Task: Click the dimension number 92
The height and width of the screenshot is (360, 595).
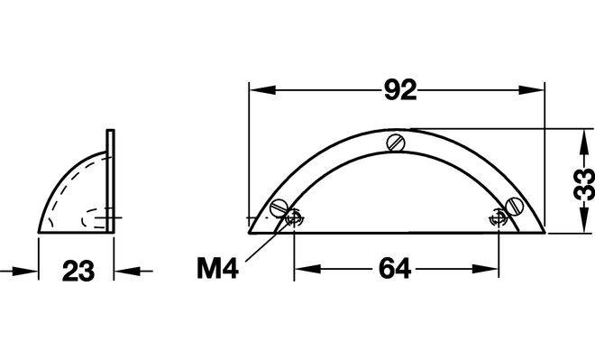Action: pyautogui.click(x=400, y=90)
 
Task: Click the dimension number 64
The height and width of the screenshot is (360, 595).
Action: pyautogui.click(x=395, y=269)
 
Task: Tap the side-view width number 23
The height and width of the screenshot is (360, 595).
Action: pyautogui.click(x=78, y=272)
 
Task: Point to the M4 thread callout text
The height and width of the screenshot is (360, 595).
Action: pyautogui.click(x=218, y=268)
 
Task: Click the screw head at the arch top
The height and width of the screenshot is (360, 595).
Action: pyautogui.click(x=396, y=143)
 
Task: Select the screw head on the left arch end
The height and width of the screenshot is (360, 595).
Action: pyautogui.click(x=279, y=208)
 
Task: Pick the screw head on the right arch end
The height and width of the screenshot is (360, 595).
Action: pyautogui.click(x=515, y=207)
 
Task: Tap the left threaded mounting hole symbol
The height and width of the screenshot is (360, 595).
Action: pyautogui.click(x=294, y=218)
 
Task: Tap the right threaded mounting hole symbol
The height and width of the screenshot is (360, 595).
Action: pyautogui.click(x=499, y=218)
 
